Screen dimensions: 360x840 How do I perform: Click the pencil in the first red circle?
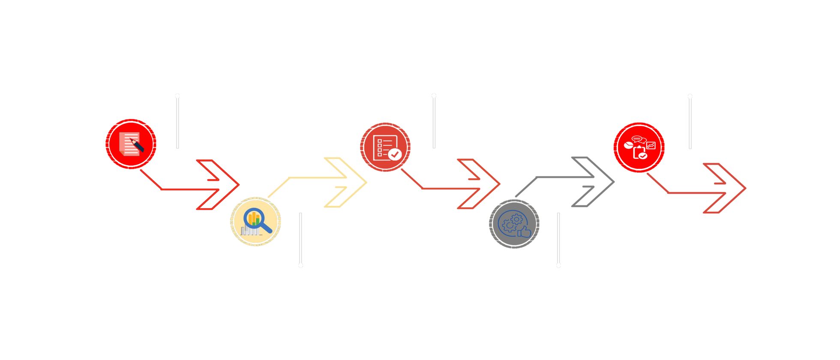tap(137, 145)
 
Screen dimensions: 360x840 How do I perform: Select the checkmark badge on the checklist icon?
tap(395, 154)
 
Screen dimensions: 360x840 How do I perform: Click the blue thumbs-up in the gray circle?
tap(524, 232)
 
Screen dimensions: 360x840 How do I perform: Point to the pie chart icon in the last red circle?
tap(628, 145)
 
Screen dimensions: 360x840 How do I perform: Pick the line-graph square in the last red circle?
tap(651, 146)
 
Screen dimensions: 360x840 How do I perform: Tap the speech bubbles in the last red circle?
tap(638, 139)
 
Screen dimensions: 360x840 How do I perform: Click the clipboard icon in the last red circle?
tap(639, 153)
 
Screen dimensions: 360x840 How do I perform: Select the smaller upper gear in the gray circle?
tap(517, 219)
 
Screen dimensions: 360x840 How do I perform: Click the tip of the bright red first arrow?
tap(239, 185)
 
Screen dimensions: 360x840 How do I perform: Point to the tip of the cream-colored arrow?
tap(367, 182)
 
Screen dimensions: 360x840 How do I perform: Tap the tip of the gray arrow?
tap(615, 182)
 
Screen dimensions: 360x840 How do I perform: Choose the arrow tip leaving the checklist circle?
tap(500, 184)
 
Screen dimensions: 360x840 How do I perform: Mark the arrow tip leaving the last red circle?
tap(746, 188)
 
